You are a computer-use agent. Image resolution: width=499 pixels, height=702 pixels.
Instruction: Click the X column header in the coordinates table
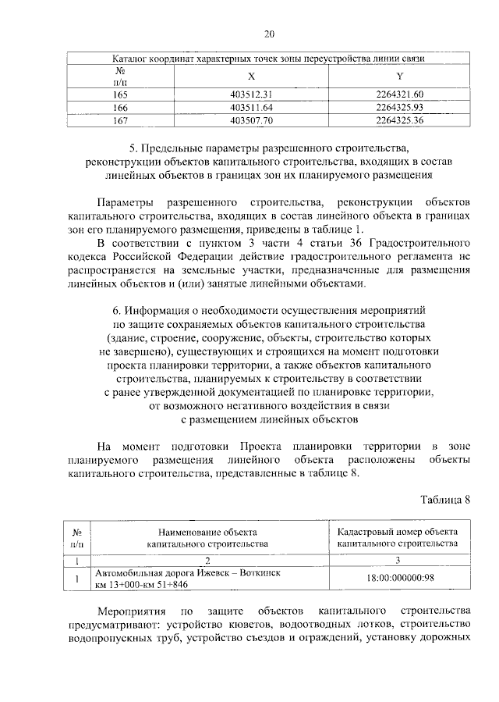(250, 77)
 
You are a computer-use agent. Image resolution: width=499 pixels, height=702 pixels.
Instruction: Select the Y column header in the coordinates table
(398, 77)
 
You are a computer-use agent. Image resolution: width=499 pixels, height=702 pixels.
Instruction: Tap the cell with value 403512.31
(251, 94)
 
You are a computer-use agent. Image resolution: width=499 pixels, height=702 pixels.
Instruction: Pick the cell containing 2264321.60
(398, 94)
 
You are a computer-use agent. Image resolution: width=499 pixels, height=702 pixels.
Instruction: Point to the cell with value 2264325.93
(398, 107)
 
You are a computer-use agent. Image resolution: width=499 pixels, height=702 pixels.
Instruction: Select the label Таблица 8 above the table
(446, 500)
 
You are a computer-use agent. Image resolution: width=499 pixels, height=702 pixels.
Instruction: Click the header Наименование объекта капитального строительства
(207, 536)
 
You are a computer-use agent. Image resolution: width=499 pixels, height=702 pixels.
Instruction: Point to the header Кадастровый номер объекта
(398, 531)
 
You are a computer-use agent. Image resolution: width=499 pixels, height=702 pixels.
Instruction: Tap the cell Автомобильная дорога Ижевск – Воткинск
(188, 573)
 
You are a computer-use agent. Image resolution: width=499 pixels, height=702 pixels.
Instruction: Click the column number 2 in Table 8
(207, 560)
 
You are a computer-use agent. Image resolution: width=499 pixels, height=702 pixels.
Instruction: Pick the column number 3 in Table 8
(398, 560)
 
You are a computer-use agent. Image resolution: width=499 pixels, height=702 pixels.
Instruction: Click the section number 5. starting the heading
(133, 148)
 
